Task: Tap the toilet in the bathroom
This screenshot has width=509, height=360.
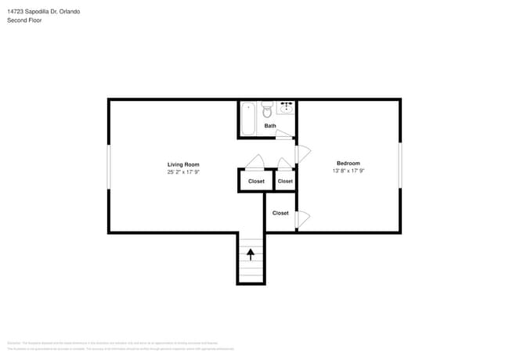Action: [266, 109]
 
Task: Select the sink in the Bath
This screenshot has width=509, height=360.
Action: [286, 107]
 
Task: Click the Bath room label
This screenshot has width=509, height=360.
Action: [269, 126]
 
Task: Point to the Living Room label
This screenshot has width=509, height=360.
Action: [183, 164]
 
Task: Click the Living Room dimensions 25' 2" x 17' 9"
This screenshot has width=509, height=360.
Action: [183, 172]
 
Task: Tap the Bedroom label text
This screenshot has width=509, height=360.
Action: [348, 163]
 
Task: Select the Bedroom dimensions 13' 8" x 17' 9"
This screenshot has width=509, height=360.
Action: [348, 171]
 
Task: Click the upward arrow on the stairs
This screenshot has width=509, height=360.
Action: [251, 254]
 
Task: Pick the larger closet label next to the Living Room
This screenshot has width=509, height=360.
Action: [256, 182]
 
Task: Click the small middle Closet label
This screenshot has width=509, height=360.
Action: [285, 182]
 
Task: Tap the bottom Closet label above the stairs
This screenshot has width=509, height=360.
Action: [280, 213]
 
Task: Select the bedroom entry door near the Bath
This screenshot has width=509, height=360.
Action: [303, 153]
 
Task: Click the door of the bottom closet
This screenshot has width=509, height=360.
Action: [302, 219]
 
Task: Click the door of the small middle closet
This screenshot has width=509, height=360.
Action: [284, 163]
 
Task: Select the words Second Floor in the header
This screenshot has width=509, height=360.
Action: [24, 20]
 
